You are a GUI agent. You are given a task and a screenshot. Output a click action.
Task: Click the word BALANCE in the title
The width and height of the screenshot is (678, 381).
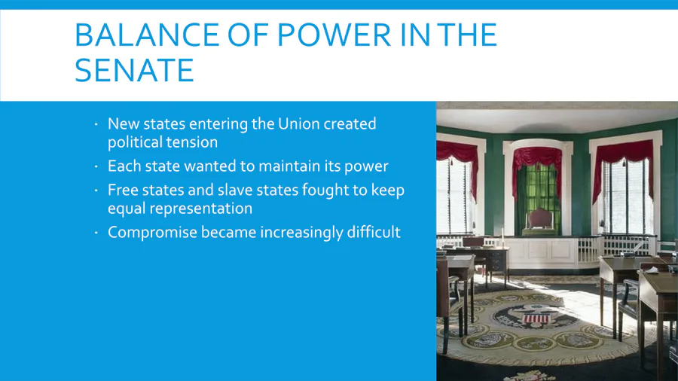pos(147,35)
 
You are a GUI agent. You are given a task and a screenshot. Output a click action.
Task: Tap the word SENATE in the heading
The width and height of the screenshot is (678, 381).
pos(135,70)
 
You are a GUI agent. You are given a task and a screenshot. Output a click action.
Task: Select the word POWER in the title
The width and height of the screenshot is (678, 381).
pos(334,35)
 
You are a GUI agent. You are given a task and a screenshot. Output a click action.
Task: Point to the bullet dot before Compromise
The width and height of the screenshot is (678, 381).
pos(96,233)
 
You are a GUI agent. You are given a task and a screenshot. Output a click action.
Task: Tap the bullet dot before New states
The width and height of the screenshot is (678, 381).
pos(96,124)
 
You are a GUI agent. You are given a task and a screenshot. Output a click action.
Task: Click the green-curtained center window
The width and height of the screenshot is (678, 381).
pos(537,190)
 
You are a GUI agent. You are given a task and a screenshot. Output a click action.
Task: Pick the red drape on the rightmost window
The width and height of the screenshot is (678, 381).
pos(625,160)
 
